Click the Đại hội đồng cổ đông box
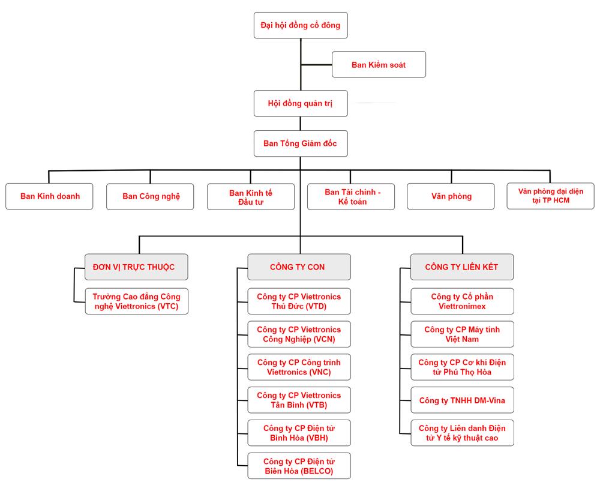tap(301, 25)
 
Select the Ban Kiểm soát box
tap(379, 65)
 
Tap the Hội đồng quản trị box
tap(301, 103)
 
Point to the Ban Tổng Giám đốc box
tap(301, 143)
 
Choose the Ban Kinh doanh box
tap(49, 196)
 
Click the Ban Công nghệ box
tap(150, 196)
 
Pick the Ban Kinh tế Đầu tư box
tap(251, 197)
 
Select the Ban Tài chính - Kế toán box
tap(351, 197)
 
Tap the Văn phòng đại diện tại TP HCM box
tap(551, 196)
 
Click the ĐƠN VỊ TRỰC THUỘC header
tap(136, 267)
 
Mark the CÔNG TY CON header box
tap(299, 267)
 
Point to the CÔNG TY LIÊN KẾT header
tap(462, 267)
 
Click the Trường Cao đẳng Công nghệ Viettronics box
tap(137, 301)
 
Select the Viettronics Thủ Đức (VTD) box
tap(299, 301)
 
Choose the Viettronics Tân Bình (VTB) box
tap(299, 400)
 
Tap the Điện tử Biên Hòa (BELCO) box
tap(299, 466)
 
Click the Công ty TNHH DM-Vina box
tap(462, 400)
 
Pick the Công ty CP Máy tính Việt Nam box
tap(462, 334)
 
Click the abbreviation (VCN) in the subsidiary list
tap(325, 339)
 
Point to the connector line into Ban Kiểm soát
tap(316, 65)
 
